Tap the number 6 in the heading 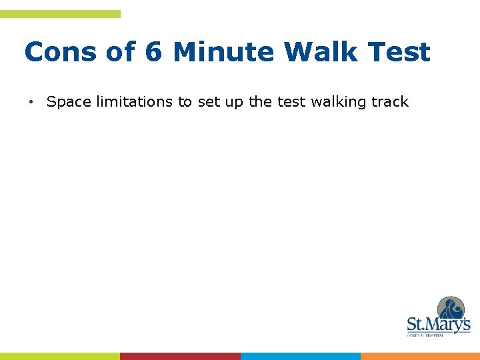pyautogui.click(x=153, y=52)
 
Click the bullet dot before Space pyautogui.click(x=31, y=102)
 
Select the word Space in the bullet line pyautogui.click(x=70, y=102)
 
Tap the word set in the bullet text pyautogui.click(x=209, y=102)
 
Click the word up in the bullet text pyautogui.click(x=235, y=102)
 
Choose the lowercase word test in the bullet pyautogui.click(x=288, y=102)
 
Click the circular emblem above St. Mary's pyautogui.click(x=451, y=309)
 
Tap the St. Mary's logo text pyautogui.click(x=438, y=325)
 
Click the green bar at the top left pyautogui.click(x=60, y=14)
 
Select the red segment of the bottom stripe pyautogui.click(x=180, y=356)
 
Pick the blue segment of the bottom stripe pyautogui.click(x=300, y=356)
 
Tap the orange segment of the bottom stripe pyautogui.click(x=420, y=356)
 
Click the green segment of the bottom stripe pyautogui.click(x=60, y=356)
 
